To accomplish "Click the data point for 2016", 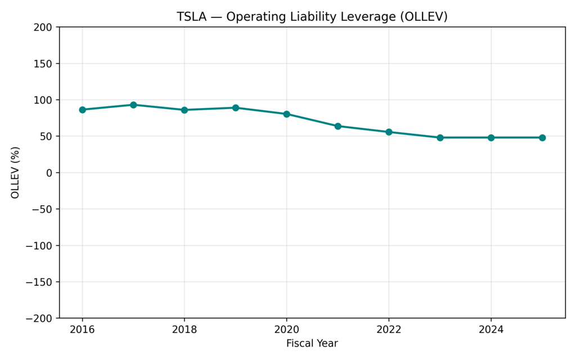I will pos(82,110).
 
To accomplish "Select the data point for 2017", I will pos(133,105).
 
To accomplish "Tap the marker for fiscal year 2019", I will pos(236,107).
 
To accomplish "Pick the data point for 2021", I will pos(338,126).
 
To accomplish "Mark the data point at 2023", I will pos(440,137).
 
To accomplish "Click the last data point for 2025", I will pos(542,137).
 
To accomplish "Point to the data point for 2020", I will pos(287,114).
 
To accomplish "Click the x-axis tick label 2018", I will pos(184,330).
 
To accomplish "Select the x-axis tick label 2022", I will pos(389,330).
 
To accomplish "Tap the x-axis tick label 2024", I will pos(491,330).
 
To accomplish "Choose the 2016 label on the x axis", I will pos(82,330).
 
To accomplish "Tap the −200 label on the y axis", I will pos(39,318).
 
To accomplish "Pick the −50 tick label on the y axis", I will pos(42,209).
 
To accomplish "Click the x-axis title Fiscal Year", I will pos(312,344).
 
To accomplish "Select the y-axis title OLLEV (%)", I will pos(15,172).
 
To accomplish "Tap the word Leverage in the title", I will pos(365,17).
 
